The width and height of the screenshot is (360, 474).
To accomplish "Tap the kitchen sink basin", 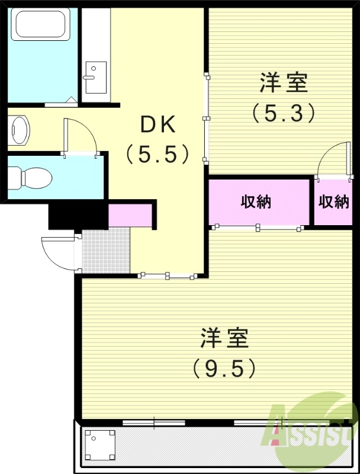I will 94,73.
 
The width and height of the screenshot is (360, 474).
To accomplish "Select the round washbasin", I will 19,129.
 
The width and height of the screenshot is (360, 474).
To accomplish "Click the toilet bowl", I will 33,177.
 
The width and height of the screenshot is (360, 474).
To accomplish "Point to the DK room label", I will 157,126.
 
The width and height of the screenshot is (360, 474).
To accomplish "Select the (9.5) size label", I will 224,369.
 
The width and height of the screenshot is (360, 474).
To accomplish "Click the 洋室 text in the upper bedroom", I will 284,84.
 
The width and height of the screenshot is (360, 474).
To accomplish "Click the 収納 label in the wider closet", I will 256,201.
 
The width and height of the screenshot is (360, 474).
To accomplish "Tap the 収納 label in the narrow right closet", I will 334,201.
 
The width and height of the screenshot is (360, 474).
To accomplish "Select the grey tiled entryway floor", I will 105,250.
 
